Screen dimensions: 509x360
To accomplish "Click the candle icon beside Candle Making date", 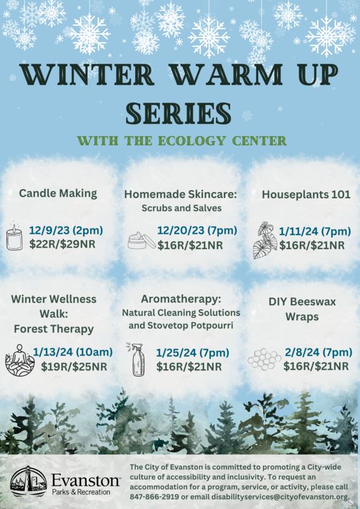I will tap(14, 238).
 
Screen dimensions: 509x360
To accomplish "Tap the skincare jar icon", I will tap(141, 240).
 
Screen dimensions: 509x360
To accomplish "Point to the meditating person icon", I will tap(20, 360).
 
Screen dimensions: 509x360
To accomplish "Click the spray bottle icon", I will tap(138, 359).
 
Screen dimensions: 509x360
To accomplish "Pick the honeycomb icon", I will tap(264, 359).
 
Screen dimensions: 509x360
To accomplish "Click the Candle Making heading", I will tap(58, 193).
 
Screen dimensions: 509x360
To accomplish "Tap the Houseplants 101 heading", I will tap(306, 195).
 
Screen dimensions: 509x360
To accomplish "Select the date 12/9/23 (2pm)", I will tap(66, 231).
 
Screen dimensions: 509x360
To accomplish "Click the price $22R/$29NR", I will tap(63, 243).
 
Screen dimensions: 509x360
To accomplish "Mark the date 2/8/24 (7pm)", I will tap(318, 352).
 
